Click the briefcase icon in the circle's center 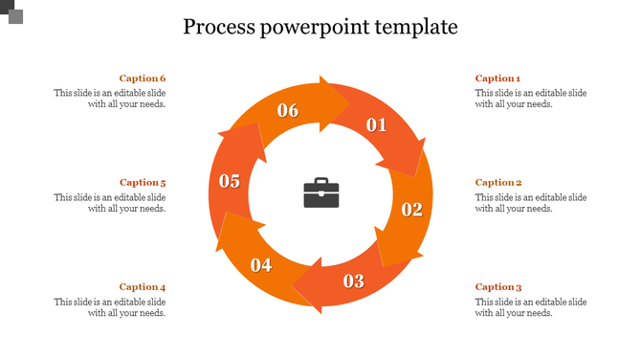point(320,192)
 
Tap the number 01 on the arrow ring point(376,124)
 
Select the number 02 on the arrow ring point(411,210)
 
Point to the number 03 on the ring point(354,281)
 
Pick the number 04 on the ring point(261,265)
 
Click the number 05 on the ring point(230,181)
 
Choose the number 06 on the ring point(288,110)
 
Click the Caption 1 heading point(497,79)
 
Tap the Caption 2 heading point(497,182)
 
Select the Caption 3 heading point(497,286)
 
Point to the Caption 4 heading point(143,286)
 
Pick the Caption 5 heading point(143,182)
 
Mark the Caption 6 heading point(143,79)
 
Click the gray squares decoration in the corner point(13,12)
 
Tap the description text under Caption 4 point(110,307)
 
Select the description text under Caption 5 point(110,203)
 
